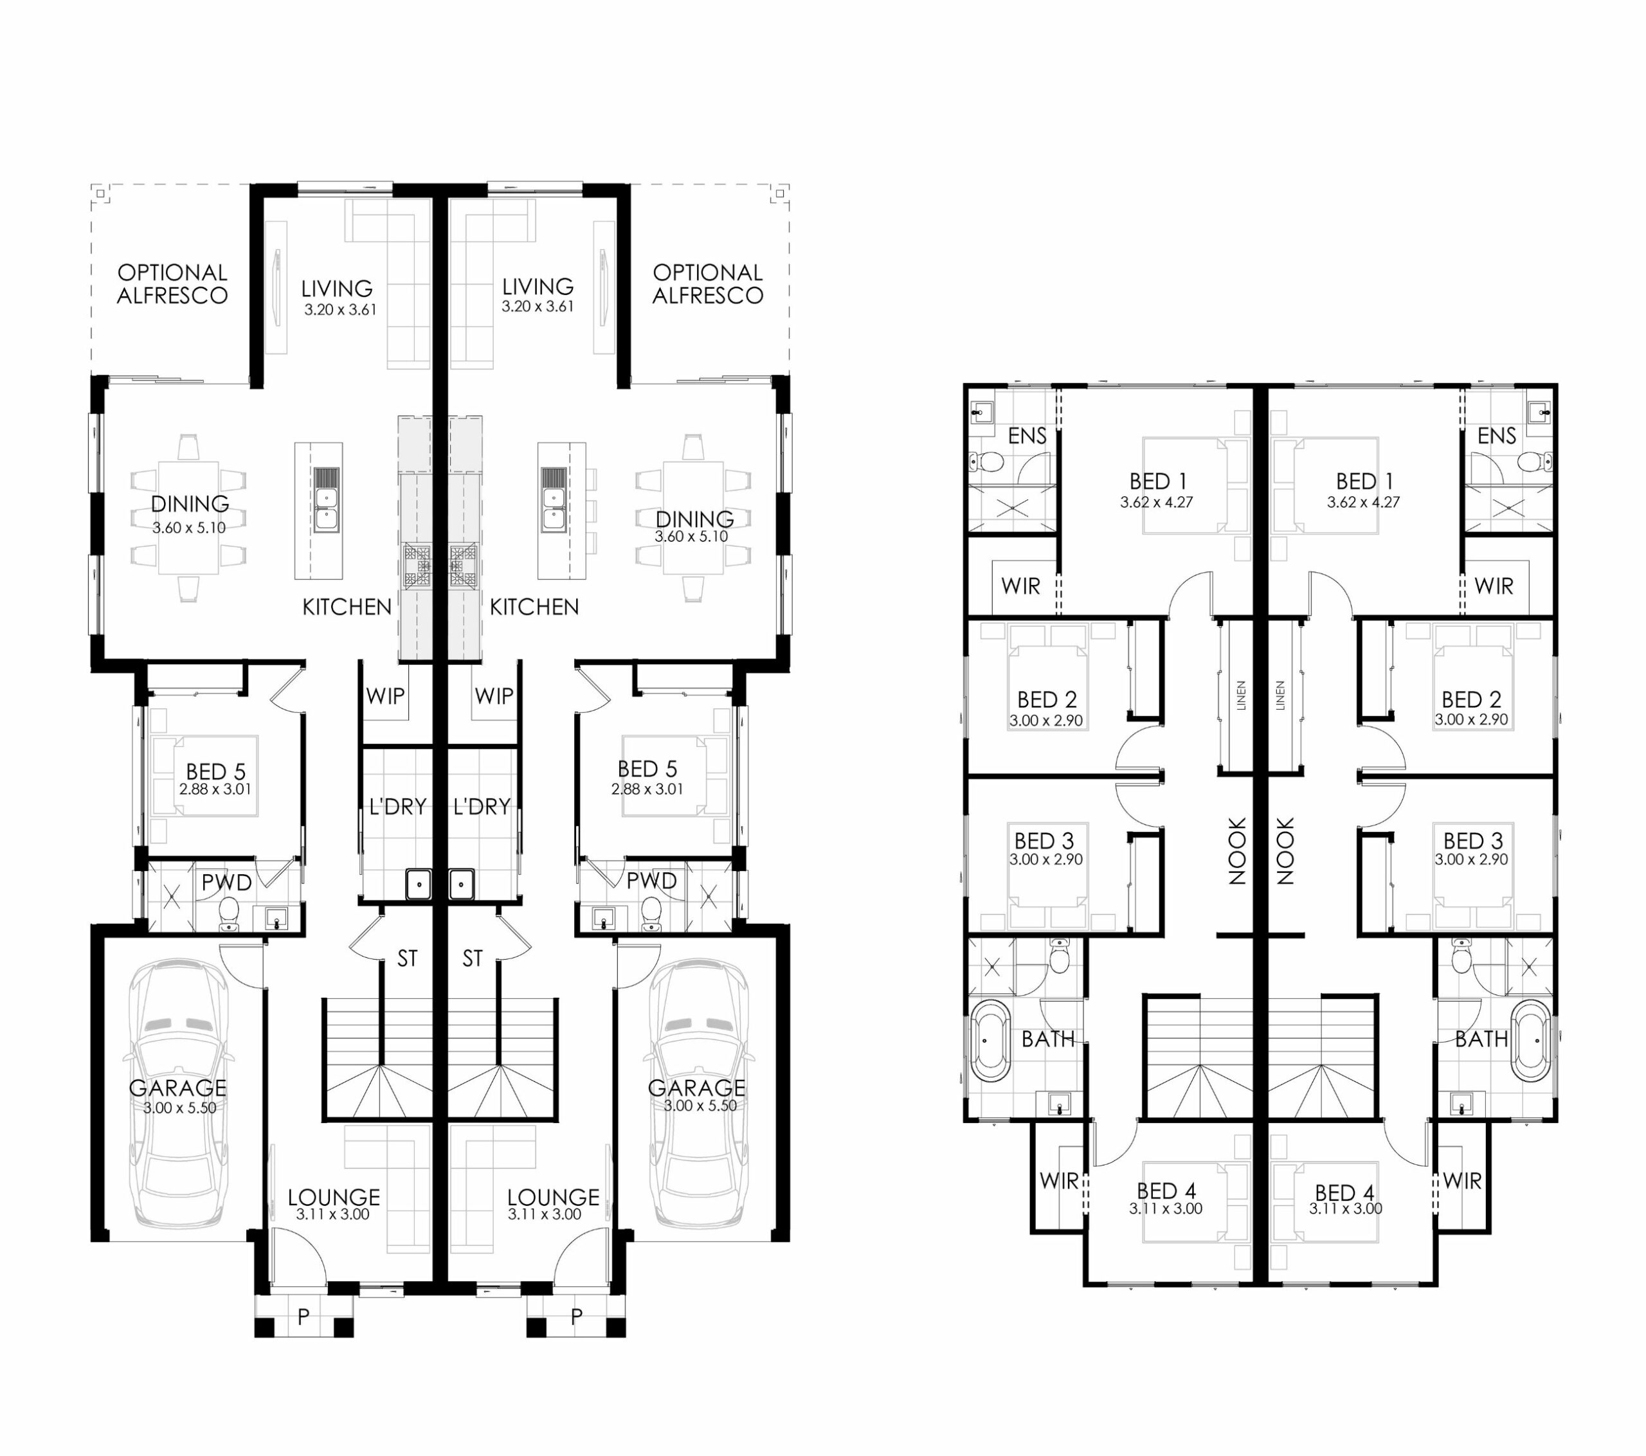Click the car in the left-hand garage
tap(179, 1093)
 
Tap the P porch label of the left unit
tap(303, 1317)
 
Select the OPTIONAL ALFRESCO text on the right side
tap(708, 284)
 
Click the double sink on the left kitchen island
tap(326, 499)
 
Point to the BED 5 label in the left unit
tap(216, 771)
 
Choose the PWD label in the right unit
tap(651, 881)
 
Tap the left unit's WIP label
tap(386, 696)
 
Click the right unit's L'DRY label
tap(482, 806)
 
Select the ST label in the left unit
tap(408, 958)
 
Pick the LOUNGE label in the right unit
tap(553, 1198)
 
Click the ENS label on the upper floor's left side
tap(1027, 436)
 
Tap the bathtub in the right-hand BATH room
tap(1531, 1041)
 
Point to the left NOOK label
tap(1238, 851)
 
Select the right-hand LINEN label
tap(1280, 695)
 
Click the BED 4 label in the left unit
tap(1166, 1191)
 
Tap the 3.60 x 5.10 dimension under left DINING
tap(189, 528)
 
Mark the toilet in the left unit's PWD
tap(230, 913)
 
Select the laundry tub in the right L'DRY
tap(460, 883)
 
